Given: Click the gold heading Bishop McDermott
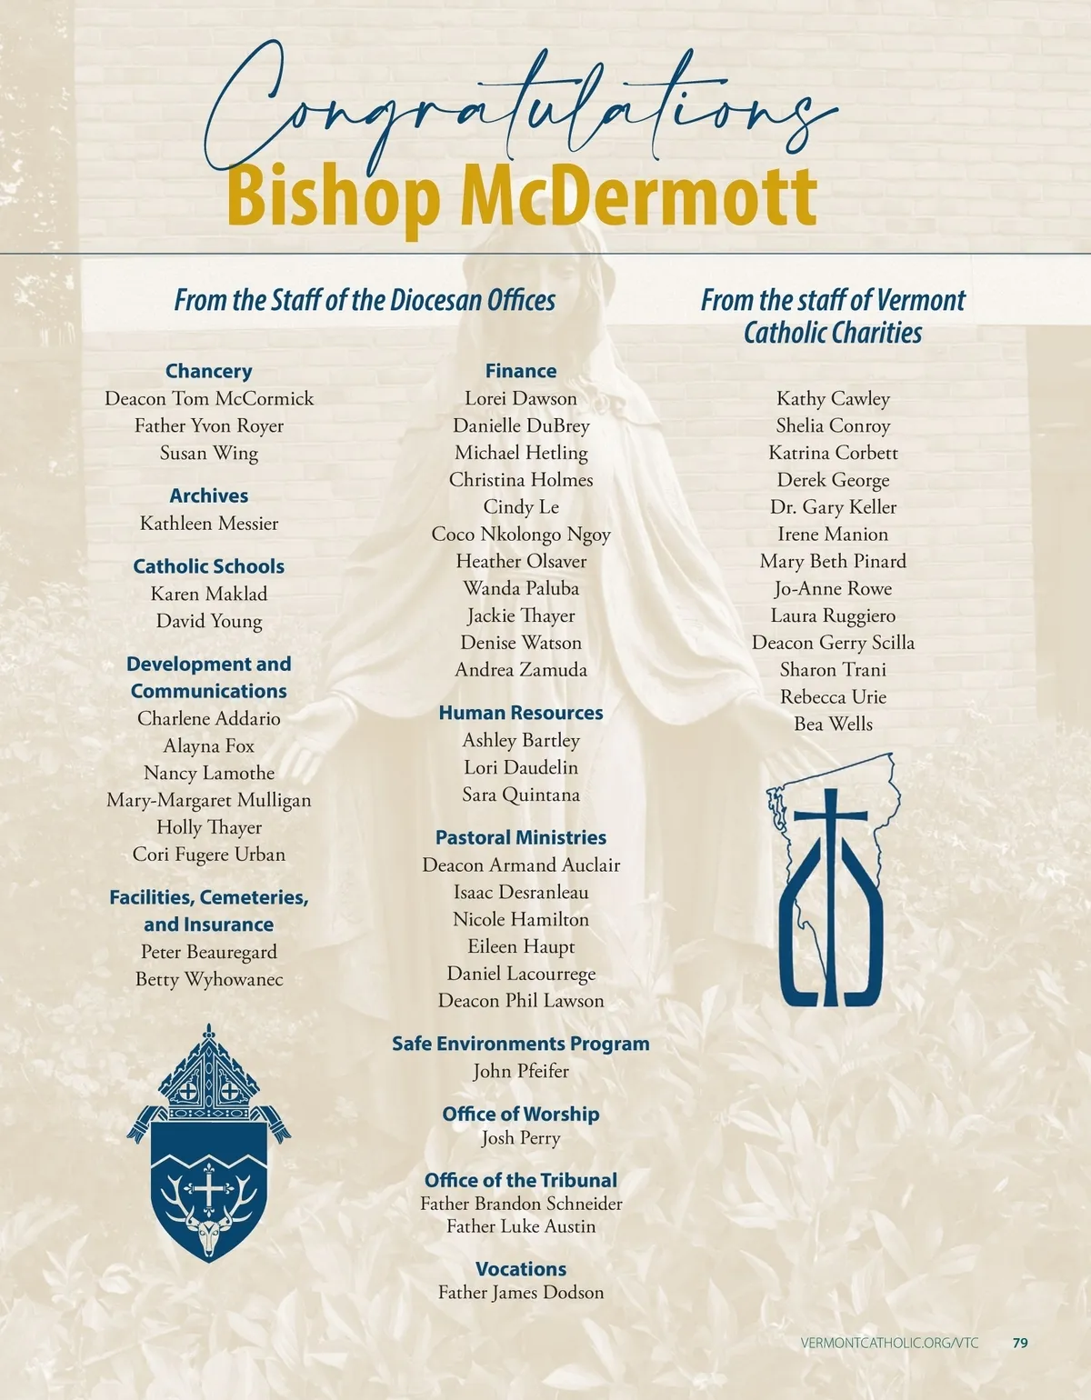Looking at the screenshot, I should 522,195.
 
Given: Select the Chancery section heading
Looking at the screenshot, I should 208,371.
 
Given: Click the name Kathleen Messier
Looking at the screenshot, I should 208,524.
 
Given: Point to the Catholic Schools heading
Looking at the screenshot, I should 208,566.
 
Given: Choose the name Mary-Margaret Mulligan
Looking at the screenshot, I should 208,800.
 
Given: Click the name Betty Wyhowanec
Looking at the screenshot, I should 208,979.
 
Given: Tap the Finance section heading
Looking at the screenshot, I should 520,371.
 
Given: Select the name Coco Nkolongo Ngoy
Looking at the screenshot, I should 520,535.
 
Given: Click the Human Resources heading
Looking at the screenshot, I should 520,713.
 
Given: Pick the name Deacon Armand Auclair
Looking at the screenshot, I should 520,865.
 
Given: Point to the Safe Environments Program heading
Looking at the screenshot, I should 520,1044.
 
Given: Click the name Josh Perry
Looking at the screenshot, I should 520,1138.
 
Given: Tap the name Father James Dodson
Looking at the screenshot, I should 520,1293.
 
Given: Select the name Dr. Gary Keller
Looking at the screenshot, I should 833,507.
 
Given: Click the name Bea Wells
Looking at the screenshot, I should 833,725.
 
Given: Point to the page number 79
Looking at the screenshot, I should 1020,1343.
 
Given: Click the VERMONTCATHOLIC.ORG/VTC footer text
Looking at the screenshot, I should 889,1343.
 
